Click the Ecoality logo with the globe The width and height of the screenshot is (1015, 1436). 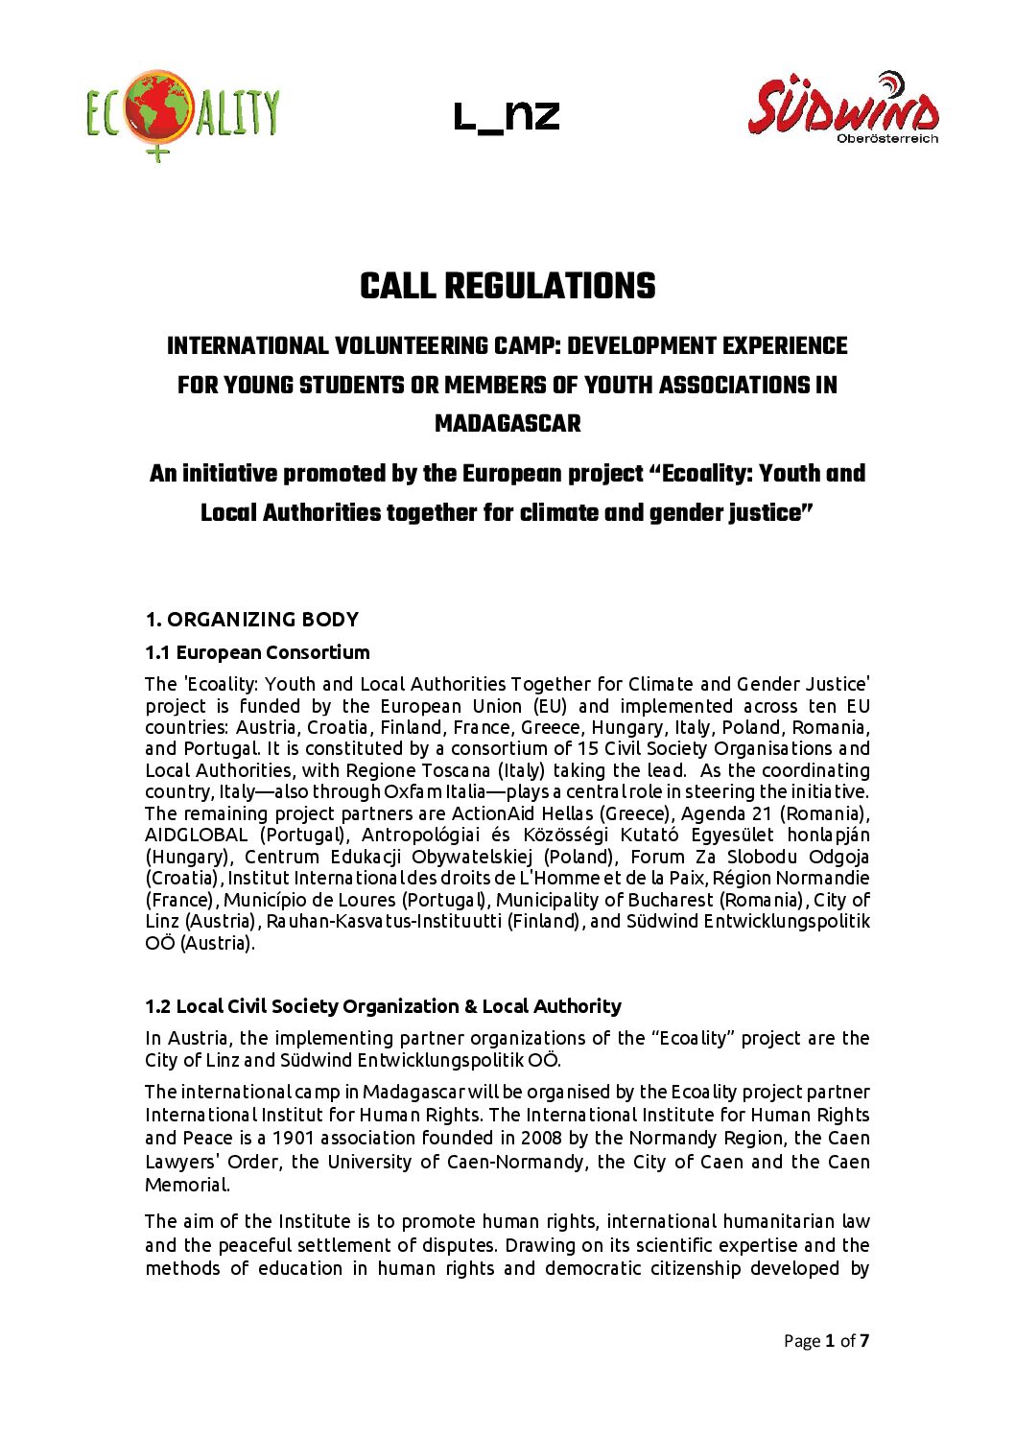(x=182, y=113)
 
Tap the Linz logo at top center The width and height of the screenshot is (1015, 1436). (x=507, y=117)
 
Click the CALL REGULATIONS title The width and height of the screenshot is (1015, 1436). (x=507, y=286)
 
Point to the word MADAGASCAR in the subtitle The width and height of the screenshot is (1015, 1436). (x=507, y=423)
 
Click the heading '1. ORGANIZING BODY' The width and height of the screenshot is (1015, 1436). (x=251, y=620)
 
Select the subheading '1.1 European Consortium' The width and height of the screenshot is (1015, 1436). (x=257, y=652)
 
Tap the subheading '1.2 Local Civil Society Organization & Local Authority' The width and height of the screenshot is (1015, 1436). (x=383, y=1006)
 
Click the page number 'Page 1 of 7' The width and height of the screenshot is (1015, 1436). (x=826, y=1341)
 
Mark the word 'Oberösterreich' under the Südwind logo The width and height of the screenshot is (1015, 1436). (x=887, y=138)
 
